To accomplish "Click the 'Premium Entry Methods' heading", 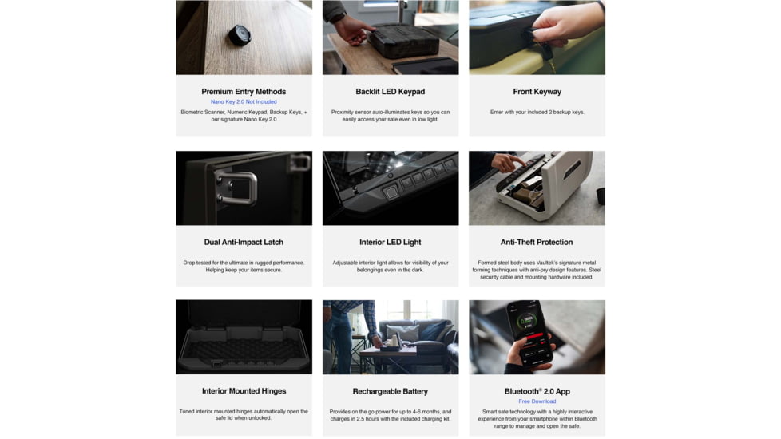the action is [244, 92].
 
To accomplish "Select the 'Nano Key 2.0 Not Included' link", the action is [244, 101].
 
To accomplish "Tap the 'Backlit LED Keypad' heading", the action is [390, 92].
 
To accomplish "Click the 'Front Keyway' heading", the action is [537, 92].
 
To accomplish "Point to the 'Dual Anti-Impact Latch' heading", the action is [244, 242].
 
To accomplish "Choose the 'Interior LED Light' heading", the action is [390, 242].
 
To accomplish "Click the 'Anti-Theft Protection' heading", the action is [537, 242].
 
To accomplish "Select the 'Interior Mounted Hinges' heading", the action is [244, 391].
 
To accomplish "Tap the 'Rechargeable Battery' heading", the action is [390, 391].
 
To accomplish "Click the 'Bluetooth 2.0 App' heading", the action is [537, 391].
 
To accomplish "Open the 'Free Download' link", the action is [537, 401].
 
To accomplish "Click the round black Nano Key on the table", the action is [240, 35].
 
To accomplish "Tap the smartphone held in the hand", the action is [530, 333].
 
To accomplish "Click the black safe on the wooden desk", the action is [403, 41].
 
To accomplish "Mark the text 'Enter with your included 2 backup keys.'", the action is [537, 112].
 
